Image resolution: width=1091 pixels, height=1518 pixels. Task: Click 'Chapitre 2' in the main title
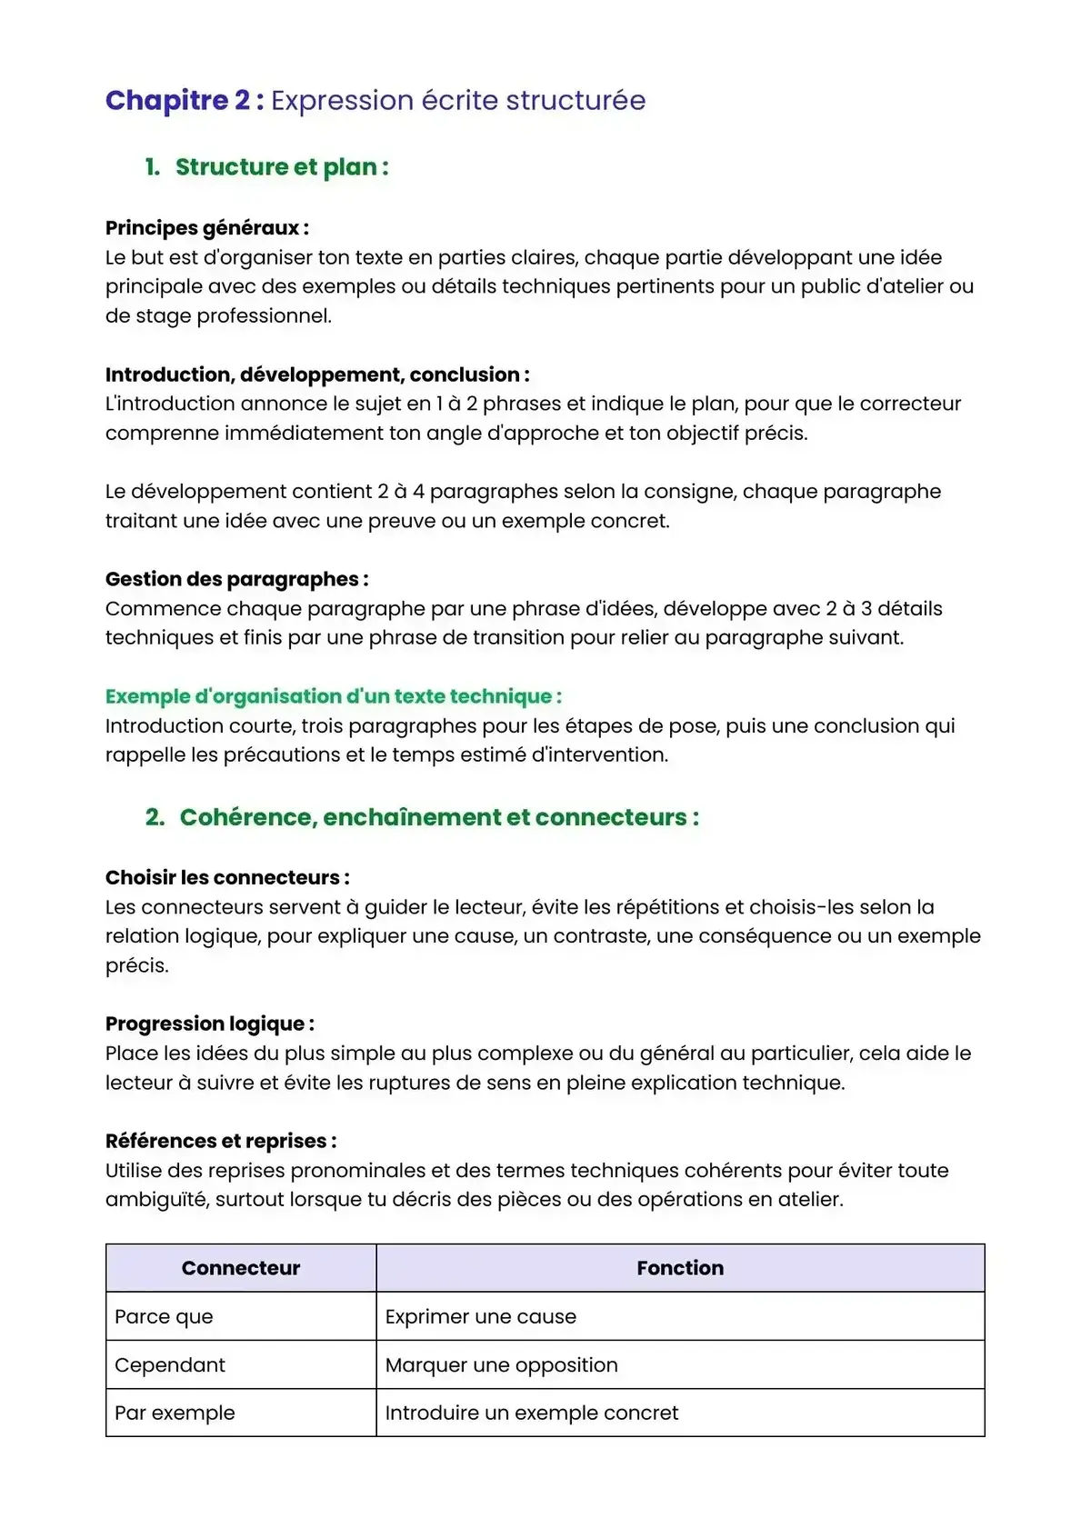(x=177, y=100)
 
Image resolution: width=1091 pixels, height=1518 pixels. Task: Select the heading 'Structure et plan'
(x=281, y=167)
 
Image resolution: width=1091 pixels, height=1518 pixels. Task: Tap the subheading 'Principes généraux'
(x=206, y=227)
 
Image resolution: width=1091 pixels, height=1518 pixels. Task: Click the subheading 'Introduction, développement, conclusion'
(x=316, y=375)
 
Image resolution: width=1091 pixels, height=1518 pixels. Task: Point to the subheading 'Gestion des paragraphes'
(x=236, y=579)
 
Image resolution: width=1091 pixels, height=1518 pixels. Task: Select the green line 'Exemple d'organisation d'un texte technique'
(x=333, y=696)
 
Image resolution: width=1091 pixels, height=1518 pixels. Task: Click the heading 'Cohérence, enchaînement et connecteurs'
(x=438, y=817)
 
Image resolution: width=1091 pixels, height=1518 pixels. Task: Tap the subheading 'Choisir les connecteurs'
(x=226, y=877)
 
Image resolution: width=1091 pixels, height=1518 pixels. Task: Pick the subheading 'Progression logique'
(x=209, y=1024)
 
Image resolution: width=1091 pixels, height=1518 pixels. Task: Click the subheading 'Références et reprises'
(x=220, y=1141)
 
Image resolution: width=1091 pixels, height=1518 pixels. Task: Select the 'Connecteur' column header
(x=241, y=1268)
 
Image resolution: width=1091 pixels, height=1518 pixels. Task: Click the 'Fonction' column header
(x=680, y=1268)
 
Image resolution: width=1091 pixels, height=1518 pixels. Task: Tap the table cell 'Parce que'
(x=164, y=1316)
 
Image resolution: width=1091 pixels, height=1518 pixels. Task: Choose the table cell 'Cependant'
(x=170, y=1364)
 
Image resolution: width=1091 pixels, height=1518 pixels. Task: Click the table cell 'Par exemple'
(x=175, y=1413)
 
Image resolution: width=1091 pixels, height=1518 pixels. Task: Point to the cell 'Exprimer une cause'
(x=480, y=1316)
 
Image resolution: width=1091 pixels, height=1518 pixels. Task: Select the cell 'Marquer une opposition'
(x=501, y=1364)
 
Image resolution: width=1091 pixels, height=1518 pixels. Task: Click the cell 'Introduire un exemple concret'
(x=531, y=1413)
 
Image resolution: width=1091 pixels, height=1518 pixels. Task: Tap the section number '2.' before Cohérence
(x=155, y=817)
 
